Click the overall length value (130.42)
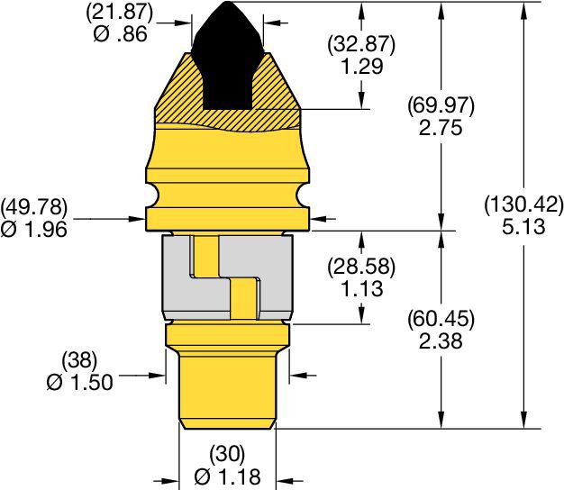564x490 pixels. click(523, 204)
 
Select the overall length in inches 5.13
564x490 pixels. click(523, 227)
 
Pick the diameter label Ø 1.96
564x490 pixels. click(35, 229)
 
